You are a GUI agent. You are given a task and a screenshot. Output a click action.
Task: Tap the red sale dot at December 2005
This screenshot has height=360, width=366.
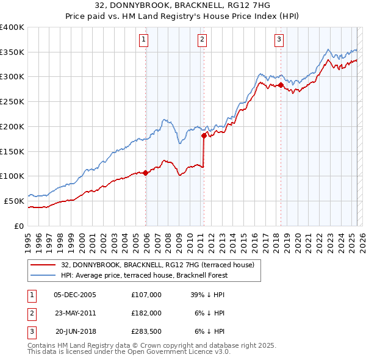coord(146,173)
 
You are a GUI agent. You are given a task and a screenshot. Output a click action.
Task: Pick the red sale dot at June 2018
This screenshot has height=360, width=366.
coord(281,85)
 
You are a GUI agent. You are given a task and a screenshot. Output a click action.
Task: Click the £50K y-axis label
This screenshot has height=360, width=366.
coord(14,201)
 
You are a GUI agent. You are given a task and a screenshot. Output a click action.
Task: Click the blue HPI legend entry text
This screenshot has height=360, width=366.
coord(144,275)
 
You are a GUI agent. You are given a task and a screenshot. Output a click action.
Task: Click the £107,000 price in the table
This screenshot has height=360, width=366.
coord(146,294)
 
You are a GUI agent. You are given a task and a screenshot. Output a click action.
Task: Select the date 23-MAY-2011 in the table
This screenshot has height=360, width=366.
coord(76,312)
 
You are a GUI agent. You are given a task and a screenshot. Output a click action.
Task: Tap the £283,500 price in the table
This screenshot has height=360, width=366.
coord(146,331)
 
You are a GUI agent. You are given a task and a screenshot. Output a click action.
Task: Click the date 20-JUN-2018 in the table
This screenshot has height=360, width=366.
coord(76,331)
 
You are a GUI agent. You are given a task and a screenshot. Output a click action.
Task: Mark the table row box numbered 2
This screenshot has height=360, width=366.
coord(30,312)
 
